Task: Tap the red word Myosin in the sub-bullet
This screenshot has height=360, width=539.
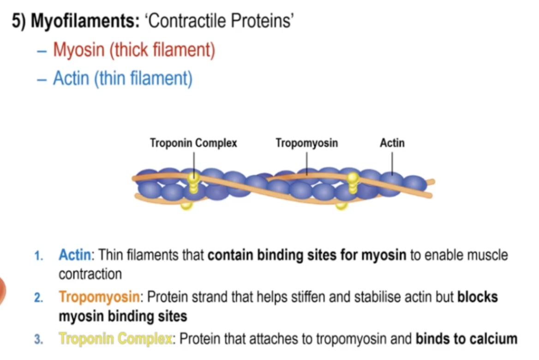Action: (79, 50)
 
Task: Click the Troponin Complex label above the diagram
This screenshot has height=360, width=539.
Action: (193, 143)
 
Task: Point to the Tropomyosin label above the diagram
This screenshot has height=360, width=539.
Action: (306, 143)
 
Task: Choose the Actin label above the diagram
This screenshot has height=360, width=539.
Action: (392, 143)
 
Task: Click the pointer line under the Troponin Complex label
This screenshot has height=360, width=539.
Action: (194, 162)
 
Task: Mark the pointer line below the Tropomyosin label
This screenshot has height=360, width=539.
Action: (307, 162)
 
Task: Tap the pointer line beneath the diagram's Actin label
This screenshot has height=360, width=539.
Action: (392, 162)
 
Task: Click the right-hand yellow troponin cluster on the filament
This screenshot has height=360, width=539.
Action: (353, 183)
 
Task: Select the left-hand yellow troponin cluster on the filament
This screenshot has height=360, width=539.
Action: (194, 182)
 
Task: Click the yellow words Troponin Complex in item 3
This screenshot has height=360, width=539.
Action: (115, 339)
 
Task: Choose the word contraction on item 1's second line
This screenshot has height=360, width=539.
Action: (90, 274)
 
